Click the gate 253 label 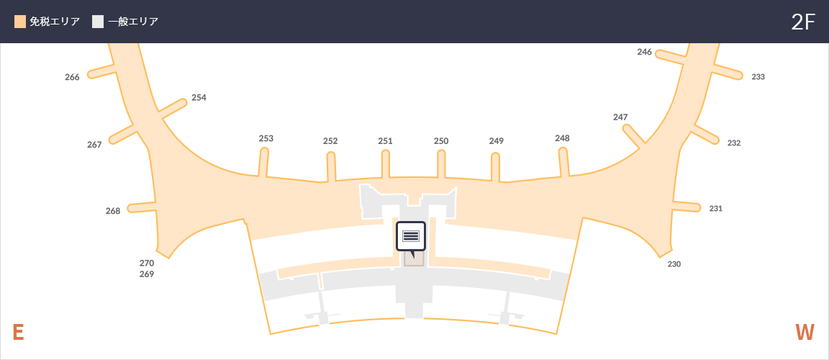[x=266, y=138]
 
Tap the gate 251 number [x=386, y=141]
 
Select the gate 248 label [x=563, y=138]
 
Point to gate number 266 [x=73, y=77]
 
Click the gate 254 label [x=199, y=97]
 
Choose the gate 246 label [x=645, y=52]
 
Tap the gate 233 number [x=758, y=76]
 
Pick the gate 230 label [x=674, y=264]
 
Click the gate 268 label [x=113, y=210]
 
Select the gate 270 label [x=147, y=263]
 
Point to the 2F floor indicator [x=803, y=22]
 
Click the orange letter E [x=18, y=333]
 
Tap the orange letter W [x=805, y=333]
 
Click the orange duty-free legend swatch [x=20, y=22]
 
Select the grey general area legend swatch [x=98, y=22]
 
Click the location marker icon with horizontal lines [x=411, y=236]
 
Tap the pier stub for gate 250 [x=441, y=164]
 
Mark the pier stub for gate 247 [x=634, y=134]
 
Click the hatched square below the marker [x=414, y=259]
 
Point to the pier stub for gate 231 [x=687, y=206]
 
